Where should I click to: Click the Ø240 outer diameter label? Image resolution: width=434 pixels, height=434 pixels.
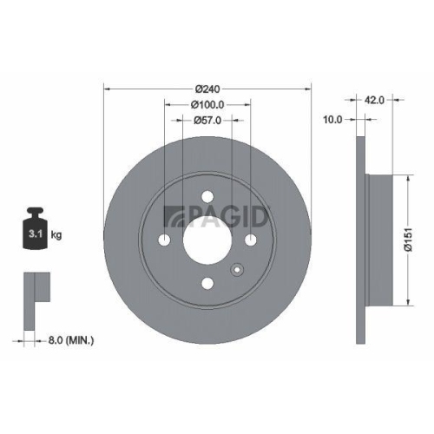click(207, 89)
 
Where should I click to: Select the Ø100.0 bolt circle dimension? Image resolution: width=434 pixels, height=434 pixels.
click(207, 104)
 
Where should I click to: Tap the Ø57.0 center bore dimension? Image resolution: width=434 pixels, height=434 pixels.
click(207, 120)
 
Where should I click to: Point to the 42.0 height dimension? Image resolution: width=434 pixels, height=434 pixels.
click(375, 100)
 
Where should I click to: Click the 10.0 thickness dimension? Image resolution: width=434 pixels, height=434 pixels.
click(333, 119)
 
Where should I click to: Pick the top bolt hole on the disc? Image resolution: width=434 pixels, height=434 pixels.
click(207, 198)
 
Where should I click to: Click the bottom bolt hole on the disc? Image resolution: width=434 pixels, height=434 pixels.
click(207, 282)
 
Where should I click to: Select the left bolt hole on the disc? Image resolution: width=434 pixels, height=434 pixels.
click(165, 240)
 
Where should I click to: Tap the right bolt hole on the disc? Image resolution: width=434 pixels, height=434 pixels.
click(249, 240)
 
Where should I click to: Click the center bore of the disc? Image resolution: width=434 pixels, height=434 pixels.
click(207, 240)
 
